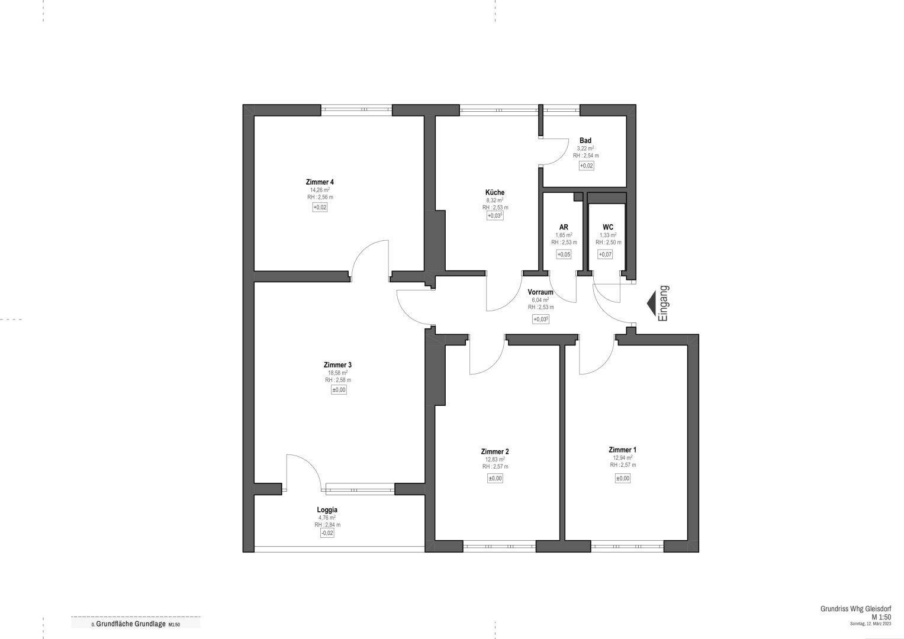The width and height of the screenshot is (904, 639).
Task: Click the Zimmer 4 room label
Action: click(x=319, y=182)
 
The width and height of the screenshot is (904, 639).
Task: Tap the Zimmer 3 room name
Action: click(x=337, y=364)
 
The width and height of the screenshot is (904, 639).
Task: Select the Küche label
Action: click(x=495, y=192)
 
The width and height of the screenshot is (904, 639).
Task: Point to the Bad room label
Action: click(x=585, y=140)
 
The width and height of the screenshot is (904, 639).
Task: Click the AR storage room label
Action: click(x=564, y=227)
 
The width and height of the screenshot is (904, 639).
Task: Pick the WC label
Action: click(x=608, y=227)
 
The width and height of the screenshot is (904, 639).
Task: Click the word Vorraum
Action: click(x=541, y=292)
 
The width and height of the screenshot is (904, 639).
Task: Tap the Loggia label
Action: click(x=327, y=509)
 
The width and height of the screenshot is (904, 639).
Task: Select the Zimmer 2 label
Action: click(x=495, y=451)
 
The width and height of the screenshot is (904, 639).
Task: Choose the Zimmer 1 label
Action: click(x=623, y=450)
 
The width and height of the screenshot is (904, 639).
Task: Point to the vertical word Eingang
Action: click(x=664, y=304)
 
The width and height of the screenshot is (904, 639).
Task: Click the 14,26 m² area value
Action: click(x=319, y=190)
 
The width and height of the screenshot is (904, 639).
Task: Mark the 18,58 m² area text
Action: click(x=337, y=373)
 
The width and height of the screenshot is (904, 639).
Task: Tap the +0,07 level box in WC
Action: click(x=605, y=254)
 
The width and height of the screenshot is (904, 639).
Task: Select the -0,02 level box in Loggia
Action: click(x=327, y=533)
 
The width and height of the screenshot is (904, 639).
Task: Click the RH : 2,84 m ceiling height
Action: click(x=327, y=525)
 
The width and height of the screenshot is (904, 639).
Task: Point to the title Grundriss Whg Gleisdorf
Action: click(x=855, y=609)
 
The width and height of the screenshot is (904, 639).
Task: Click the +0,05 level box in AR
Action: click(x=564, y=254)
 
